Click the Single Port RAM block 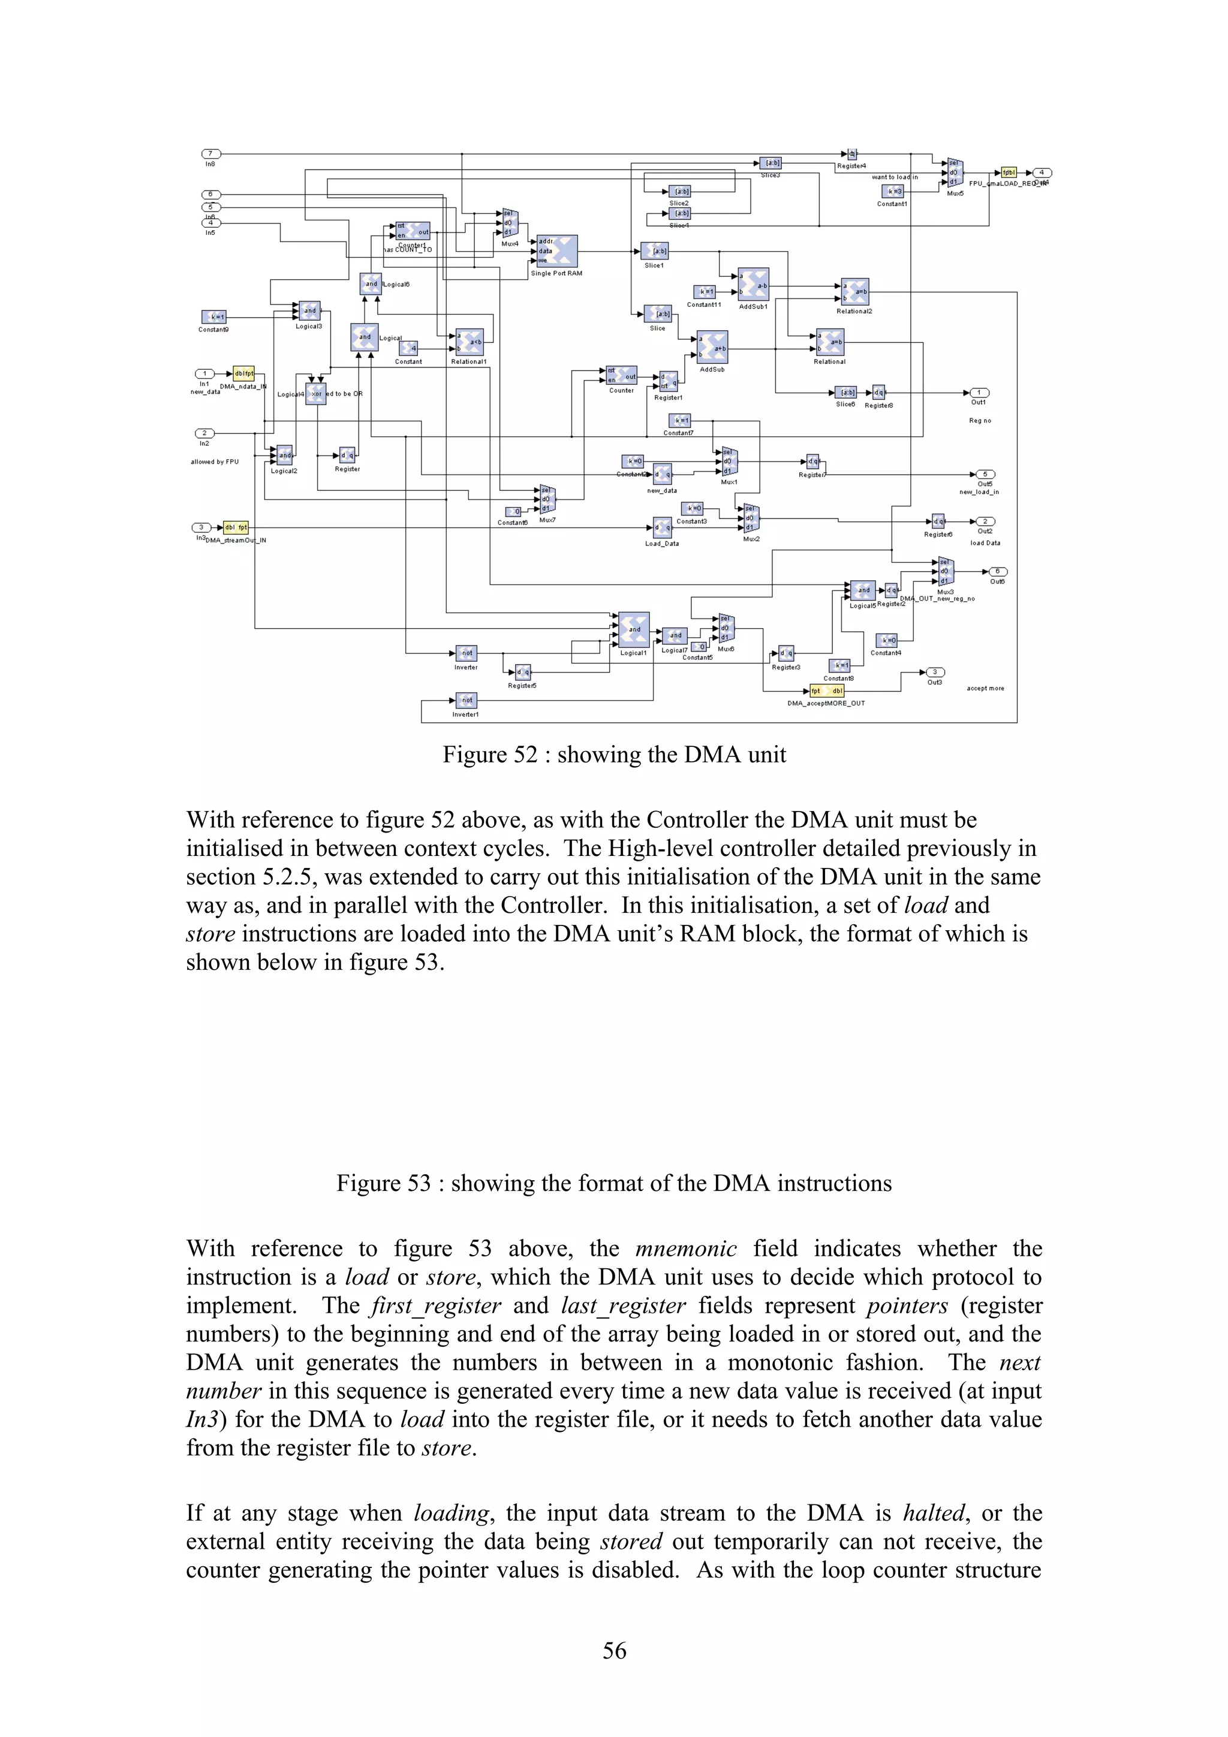pos(557,251)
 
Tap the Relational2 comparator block pos(855,291)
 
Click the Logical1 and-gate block pos(633,629)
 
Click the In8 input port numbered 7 pos(210,153)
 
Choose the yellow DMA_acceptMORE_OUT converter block pos(826,690)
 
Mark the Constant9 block pos(214,317)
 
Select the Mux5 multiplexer pos(955,173)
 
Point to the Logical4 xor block pos(315,393)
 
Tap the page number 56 pos(613,1650)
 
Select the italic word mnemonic pos(685,1249)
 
